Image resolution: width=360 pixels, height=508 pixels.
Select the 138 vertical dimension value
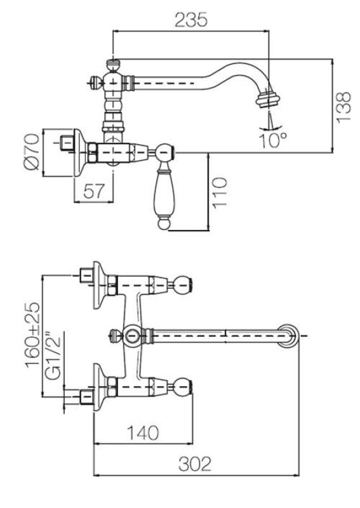(x=343, y=106)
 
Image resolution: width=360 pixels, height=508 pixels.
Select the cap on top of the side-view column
(x=113, y=63)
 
